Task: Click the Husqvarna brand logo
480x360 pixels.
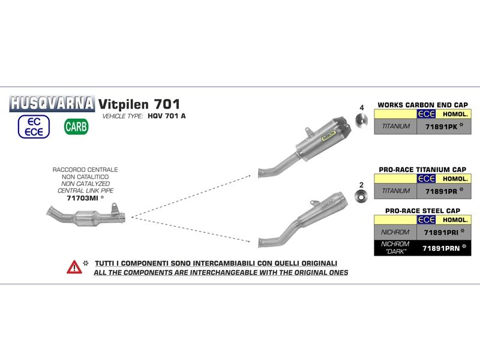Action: pyautogui.click(x=52, y=103)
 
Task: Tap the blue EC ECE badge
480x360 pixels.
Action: pyautogui.click(x=34, y=127)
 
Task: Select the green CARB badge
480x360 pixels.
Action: pyautogui.click(x=76, y=127)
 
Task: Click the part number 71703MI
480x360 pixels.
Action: pyautogui.click(x=82, y=198)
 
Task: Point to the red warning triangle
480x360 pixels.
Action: pyautogui.click(x=74, y=267)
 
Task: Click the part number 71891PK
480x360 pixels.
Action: pyautogui.click(x=441, y=127)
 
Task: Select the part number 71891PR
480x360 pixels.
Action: pyautogui.click(x=441, y=191)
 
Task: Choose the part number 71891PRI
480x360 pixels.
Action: pyautogui.click(x=441, y=233)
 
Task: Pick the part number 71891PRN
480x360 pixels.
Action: pyautogui.click(x=441, y=248)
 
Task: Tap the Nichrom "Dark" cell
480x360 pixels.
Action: pyautogui.click(x=395, y=248)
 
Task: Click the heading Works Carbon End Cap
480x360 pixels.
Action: pyautogui.click(x=422, y=105)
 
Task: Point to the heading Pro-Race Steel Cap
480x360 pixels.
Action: pyautogui.click(x=422, y=211)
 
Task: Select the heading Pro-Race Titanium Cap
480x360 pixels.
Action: pyautogui.click(x=422, y=170)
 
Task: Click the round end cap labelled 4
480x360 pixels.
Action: pyautogui.click(x=362, y=120)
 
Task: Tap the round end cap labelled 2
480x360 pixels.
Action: pyautogui.click(x=361, y=196)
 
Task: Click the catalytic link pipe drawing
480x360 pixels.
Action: pyautogui.click(x=86, y=215)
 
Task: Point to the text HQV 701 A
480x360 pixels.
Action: pyautogui.click(x=167, y=116)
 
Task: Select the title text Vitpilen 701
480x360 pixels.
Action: pyautogui.click(x=139, y=104)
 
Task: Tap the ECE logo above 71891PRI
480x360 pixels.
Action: pyautogui.click(x=426, y=220)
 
